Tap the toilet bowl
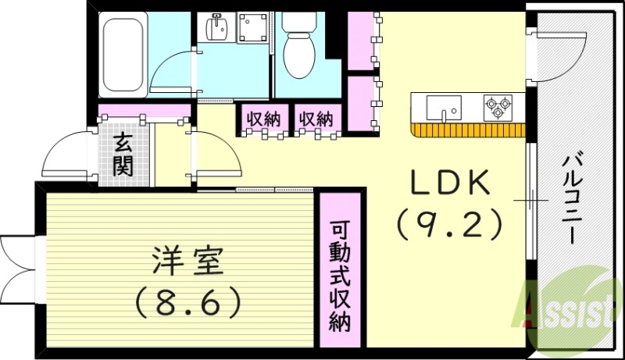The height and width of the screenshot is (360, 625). click(x=298, y=50)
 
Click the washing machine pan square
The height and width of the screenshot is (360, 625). click(x=252, y=30)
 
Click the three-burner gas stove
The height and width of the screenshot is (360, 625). click(x=498, y=107)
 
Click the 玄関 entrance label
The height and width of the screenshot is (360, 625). click(x=123, y=154)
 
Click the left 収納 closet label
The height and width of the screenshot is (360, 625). click(x=263, y=119)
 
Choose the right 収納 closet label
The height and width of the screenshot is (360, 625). click(x=316, y=119)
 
